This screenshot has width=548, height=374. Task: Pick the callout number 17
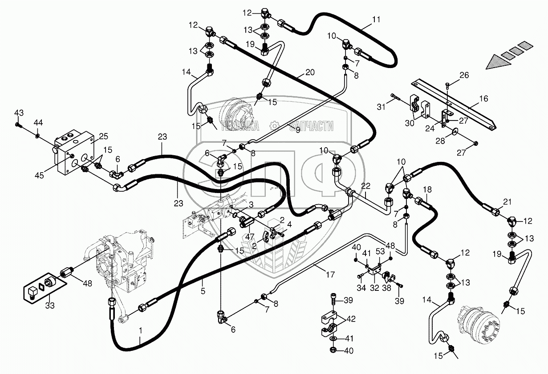click(x=330, y=274)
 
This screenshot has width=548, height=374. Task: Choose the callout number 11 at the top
click(x=377, y=20)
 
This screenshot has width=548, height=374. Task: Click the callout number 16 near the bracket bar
click(x=483, y=98)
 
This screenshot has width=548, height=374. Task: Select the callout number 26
click(x=464, y=75)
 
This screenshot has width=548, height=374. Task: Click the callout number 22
click(x=365, y=185)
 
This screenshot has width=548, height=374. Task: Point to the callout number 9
click(x=298, y=130)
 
